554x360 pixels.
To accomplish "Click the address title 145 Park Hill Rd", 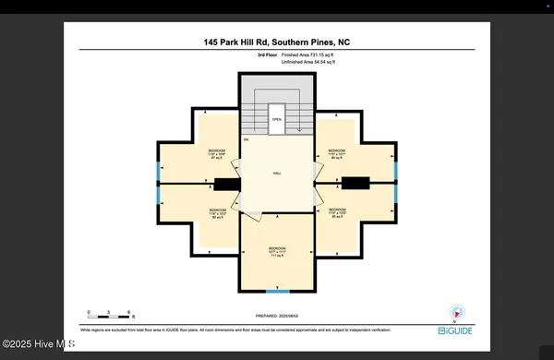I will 276,42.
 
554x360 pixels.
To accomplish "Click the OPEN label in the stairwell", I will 276,118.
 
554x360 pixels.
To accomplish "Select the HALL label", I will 276,173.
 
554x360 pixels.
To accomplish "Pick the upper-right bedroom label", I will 336,154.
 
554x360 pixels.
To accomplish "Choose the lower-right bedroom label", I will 336,214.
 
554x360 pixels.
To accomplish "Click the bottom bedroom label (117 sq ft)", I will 277,252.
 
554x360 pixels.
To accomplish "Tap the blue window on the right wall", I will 396,170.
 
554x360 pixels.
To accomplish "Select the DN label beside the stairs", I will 247,139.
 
